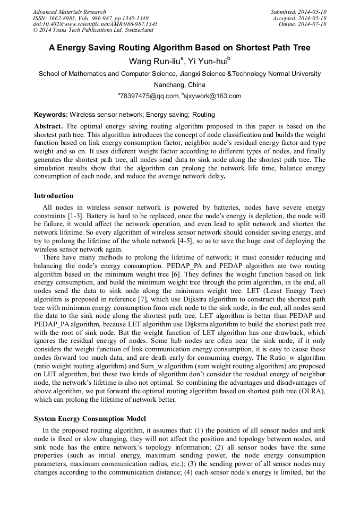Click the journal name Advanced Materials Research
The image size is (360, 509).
tap(69, 12)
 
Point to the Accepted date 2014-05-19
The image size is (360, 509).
tap(313, 18)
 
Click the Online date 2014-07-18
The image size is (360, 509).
tap(314, 24)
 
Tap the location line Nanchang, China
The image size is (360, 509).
tap(179, 85)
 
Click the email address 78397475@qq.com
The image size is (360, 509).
tap(149, 96)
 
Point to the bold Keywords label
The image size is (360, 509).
tap(50, 114)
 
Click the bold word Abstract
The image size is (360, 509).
tap(48, 126)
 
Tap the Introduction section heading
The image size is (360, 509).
tap(54, 196)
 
